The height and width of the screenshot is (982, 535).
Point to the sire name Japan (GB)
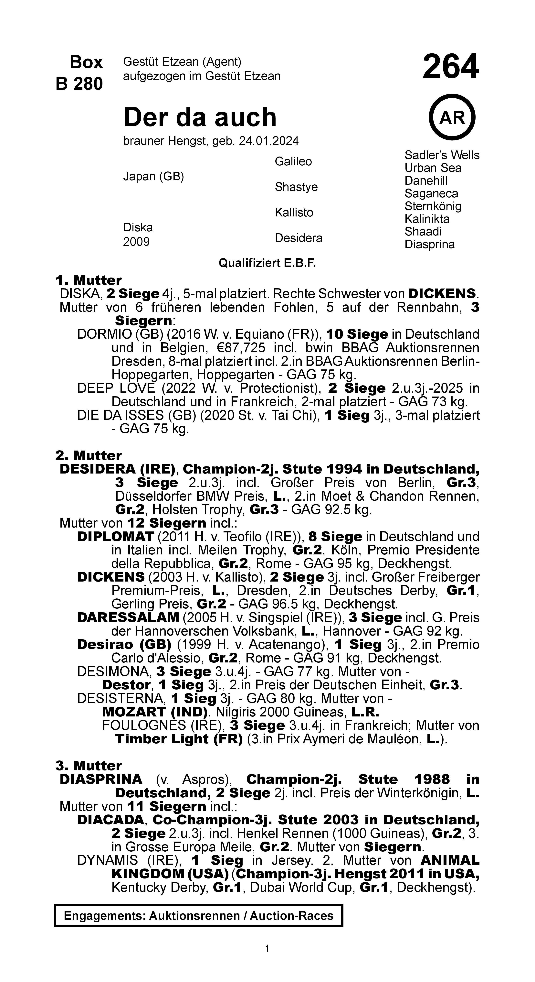point(153,177)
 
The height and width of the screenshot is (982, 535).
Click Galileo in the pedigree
point(293,162)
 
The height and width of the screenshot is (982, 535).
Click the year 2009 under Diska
point(136,242)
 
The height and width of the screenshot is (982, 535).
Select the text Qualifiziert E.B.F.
point(267,263)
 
